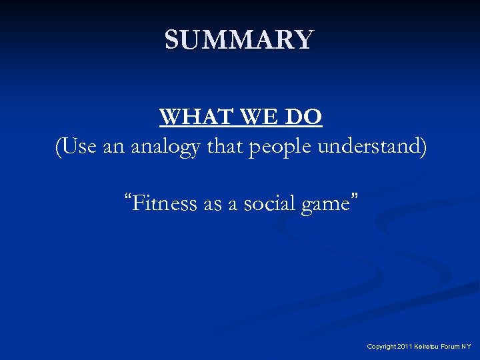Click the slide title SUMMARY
[239, 40]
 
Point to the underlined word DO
[302, 117]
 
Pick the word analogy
[165, 147]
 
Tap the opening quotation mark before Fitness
[127, 199]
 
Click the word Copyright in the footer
[382, 347]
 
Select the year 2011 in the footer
[405, 347]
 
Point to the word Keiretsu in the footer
[427, 347]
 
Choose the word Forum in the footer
[451, 347]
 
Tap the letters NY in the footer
[467, 347]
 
